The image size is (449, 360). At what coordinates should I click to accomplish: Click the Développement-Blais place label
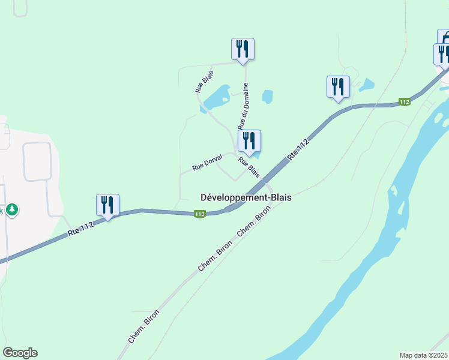(246, 197)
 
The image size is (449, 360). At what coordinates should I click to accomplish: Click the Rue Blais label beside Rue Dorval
(249, 167)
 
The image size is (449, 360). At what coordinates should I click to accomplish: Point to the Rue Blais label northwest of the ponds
(204, 82)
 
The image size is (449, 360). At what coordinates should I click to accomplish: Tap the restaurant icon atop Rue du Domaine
(243, 49)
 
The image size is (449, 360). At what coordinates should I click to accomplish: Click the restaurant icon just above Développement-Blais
(249, 141)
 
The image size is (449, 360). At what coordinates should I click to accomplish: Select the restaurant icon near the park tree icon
(107, 205)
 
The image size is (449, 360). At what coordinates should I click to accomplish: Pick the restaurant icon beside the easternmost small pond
(338, 86)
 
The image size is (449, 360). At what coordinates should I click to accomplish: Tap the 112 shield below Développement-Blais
(200, 214)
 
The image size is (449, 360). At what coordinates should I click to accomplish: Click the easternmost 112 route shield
(405, 102)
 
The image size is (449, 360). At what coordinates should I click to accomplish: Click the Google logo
(20, 353)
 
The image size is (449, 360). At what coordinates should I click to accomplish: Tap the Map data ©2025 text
(424, 355)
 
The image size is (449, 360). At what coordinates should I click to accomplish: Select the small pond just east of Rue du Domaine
(267, 96)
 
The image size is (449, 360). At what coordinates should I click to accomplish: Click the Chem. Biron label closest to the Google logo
(143, 326)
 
